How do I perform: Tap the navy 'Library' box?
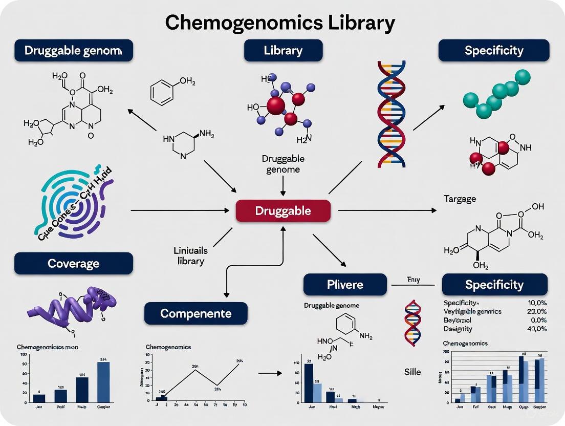coord(283,50)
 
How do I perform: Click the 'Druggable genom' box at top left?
coord(73,50)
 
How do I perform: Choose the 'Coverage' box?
coord(73,263)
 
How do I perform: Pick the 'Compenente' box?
coord(195,313)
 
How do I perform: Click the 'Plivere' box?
coord(345,284)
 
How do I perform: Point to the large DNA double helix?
coord(392,114)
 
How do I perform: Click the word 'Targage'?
coord(460,198)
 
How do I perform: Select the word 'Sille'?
coord(412,371)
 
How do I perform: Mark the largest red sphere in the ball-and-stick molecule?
coord(276,105)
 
